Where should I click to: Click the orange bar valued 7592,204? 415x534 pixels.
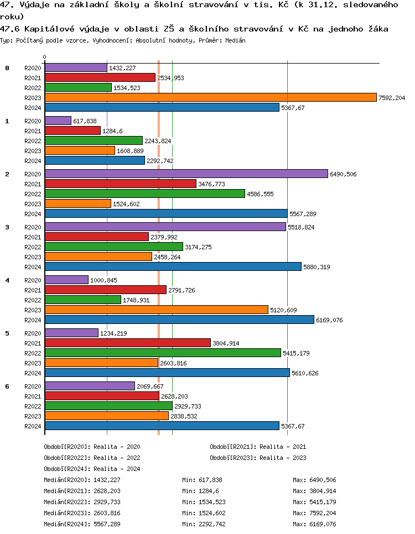[210, 97]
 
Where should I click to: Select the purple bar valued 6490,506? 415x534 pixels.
[186, 174]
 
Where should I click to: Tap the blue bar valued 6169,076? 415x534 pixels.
[179, 320]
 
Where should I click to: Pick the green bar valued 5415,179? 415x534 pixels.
[163, 353]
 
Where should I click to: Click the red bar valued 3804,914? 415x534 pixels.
[127, 343]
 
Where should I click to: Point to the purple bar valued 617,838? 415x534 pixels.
[58, 121]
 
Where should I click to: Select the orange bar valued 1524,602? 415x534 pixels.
[77, 203]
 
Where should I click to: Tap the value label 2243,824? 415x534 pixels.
[158, 141]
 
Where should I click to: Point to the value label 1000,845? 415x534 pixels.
[103, 280]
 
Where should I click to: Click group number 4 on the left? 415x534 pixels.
[7, 280]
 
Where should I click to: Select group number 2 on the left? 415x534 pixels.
[7, 174]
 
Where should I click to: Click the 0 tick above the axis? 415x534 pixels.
[44, 57]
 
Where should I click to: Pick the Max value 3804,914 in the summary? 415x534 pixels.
[322, 491]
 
